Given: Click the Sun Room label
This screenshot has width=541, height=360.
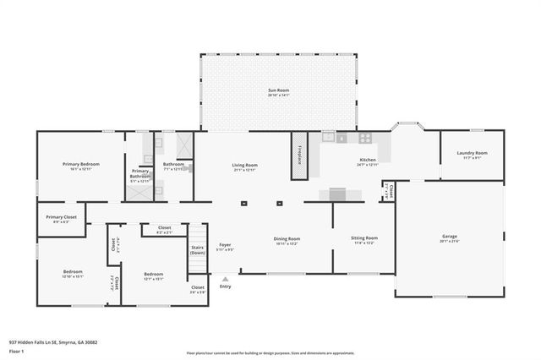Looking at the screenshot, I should click(x=278, y=90).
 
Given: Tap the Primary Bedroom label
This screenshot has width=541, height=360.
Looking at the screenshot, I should click(x=80, y=164).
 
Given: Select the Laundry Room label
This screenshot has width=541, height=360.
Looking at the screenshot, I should click(x=472, y=153).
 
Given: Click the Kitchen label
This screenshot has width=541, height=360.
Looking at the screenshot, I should click(x=367, y=160).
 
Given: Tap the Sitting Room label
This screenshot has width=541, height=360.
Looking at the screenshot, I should click(x=364, y=238).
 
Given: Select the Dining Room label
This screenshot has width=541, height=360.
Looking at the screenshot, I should click(x=287, y=239).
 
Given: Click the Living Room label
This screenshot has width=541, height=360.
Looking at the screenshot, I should click(x=245, y=166).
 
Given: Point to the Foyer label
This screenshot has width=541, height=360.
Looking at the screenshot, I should click(x=225, y=245).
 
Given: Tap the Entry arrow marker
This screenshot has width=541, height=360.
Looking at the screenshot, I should click(x=225, y=278).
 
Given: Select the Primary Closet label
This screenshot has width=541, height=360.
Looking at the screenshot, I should click(x=62, y=217).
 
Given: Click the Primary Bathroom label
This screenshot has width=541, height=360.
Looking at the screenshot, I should click(x=139, y=173).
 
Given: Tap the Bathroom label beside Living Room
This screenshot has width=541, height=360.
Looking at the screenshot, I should click(x=173, y=164).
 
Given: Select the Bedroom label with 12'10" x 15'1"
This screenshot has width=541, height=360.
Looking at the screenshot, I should click(x=72, y=274).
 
